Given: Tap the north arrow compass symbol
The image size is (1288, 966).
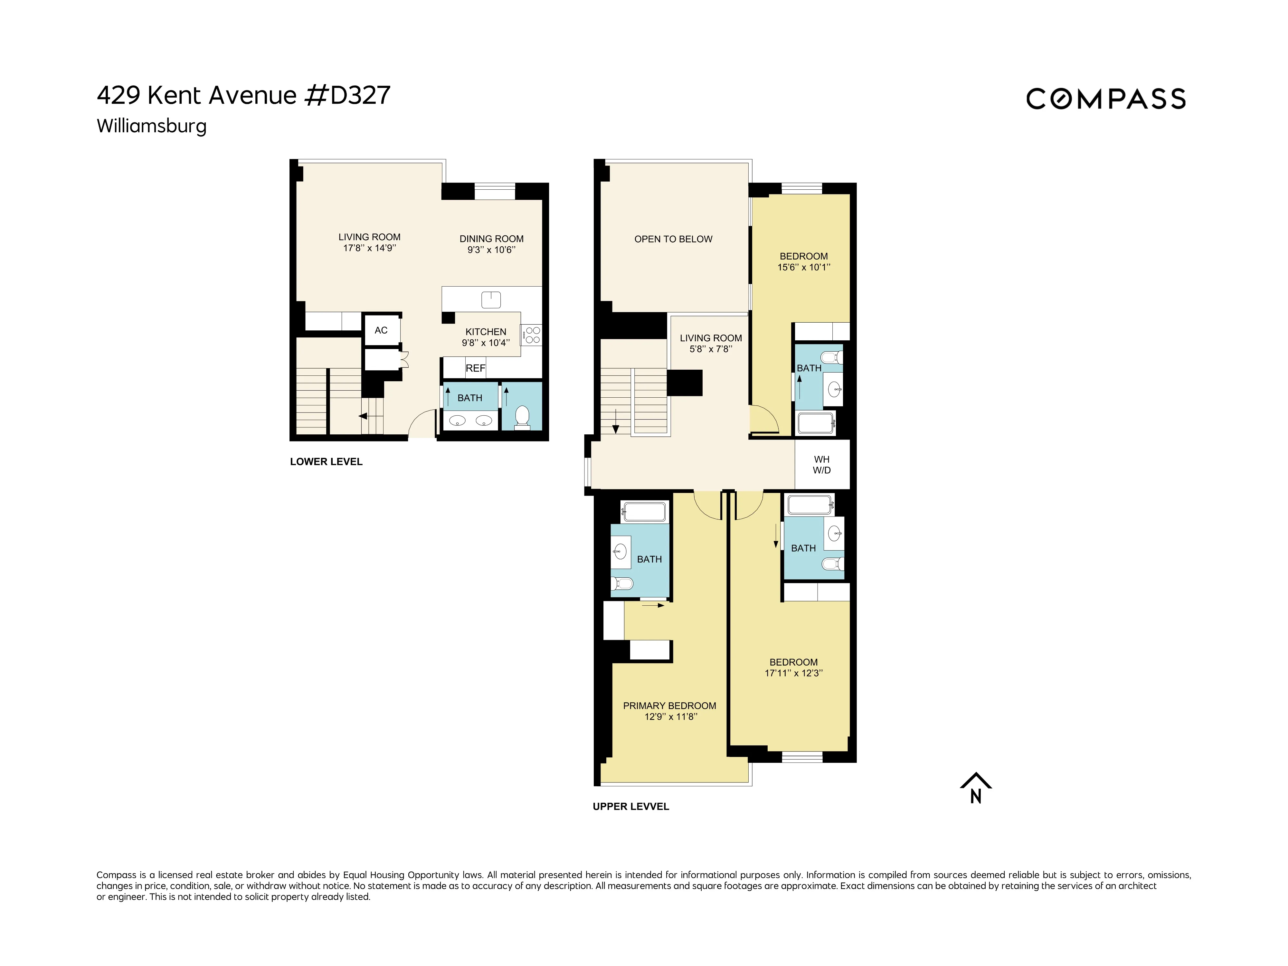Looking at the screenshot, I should click(x=975, y=788).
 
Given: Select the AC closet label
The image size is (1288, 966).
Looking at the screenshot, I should click(x=381, y=330).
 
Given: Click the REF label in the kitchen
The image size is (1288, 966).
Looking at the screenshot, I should click(x=475, y=368).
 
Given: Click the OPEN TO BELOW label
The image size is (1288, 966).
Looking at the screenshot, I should click(x=673, y=239).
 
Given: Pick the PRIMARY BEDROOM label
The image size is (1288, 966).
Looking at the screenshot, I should click(x=670, y=706).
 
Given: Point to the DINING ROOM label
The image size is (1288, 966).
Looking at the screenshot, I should click(x=491, y=239).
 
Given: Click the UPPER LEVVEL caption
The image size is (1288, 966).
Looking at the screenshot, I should click(x=630, y=807).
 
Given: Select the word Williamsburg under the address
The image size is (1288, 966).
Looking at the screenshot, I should click(x=151, y=126).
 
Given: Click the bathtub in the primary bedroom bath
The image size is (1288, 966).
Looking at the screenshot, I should click(x=644, y=512).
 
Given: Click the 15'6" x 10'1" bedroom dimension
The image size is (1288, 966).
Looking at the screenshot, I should click(x=803, y=267).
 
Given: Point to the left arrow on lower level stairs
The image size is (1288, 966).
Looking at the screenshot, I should click(x=363, y=416).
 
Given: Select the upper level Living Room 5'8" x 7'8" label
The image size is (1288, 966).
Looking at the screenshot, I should click(x=710, y=343).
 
